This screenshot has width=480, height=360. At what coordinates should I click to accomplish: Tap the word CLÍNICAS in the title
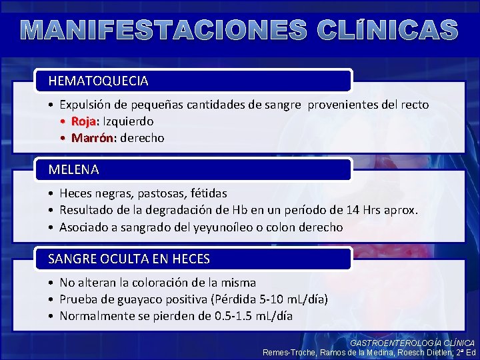tap(387, 30)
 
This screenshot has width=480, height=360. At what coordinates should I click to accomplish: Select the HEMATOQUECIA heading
tap(98, 81)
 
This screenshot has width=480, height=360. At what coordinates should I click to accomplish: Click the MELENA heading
tap(73, 169)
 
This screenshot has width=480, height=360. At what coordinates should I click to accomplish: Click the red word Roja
tap(85, 121)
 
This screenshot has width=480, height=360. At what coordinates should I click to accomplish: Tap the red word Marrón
tap(93, 138)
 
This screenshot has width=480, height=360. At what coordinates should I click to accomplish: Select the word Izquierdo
tap(128, 121)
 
